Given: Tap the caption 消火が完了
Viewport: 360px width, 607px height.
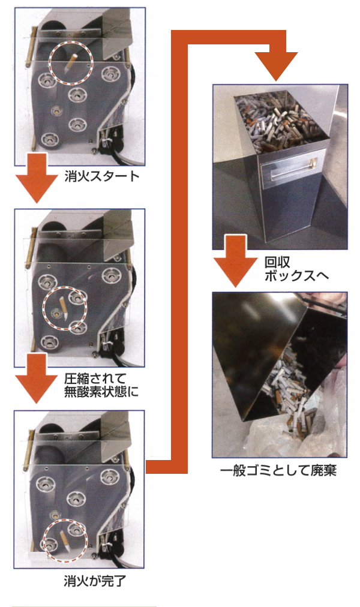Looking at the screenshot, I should tap(95, 581).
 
